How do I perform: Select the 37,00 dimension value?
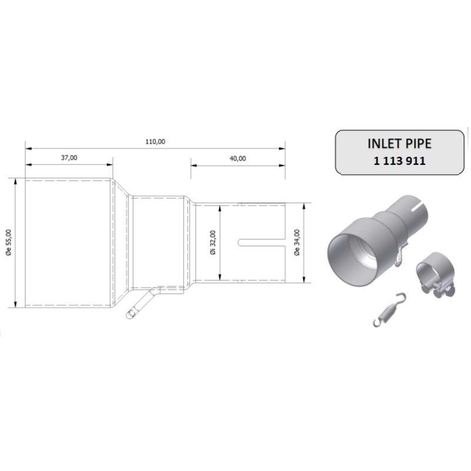pos(68,158)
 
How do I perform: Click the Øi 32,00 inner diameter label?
pos(213,242)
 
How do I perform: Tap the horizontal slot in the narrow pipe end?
pos(263,242)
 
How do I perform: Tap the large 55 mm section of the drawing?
pos(68,242)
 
